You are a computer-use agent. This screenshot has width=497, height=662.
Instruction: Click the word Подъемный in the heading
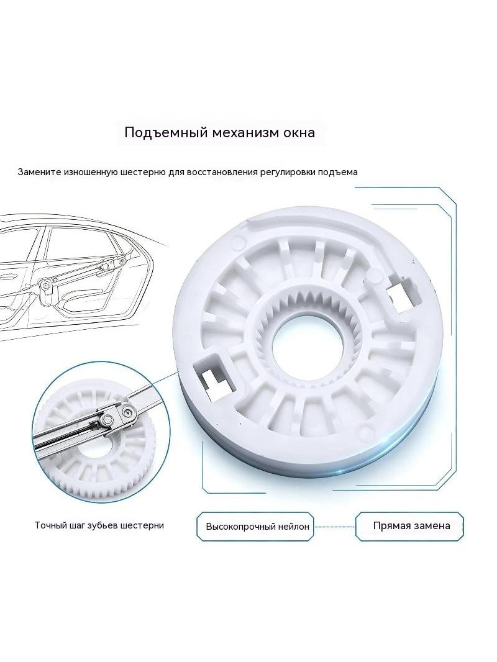165,132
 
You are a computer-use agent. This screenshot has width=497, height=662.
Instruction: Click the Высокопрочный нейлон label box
255,527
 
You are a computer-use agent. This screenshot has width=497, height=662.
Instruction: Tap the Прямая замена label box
409,526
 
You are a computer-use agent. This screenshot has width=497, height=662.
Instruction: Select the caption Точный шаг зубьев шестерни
99,525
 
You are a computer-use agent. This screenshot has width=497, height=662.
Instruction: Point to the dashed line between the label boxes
334,527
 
